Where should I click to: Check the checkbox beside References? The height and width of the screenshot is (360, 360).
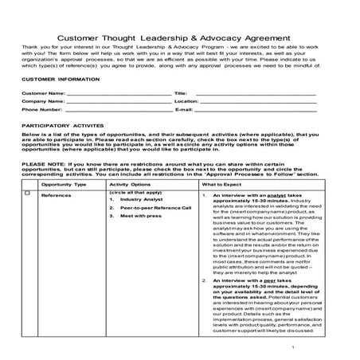(29, 194)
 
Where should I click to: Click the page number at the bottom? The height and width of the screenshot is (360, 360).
(294, 347)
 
